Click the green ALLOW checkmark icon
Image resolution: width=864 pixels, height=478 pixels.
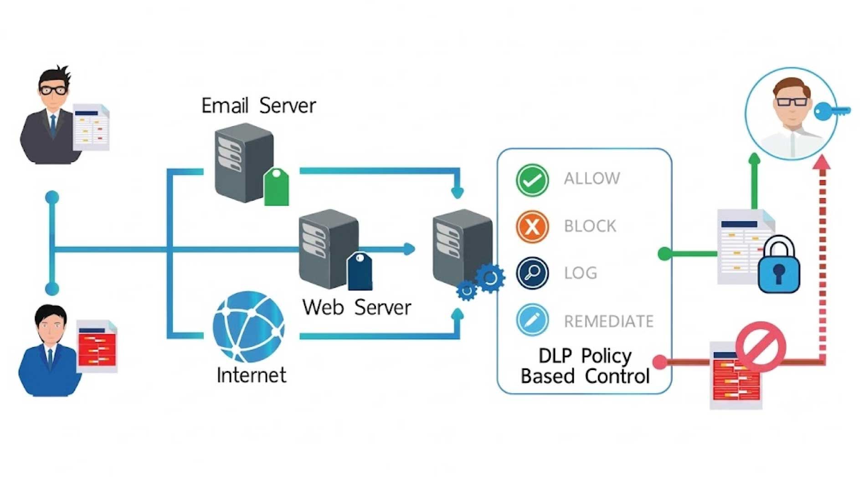[x=532, y=180]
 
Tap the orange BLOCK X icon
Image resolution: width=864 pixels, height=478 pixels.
[x=532, y=227]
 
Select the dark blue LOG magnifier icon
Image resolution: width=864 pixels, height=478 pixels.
[x=532, y=274]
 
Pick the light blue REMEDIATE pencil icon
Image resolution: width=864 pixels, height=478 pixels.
[x=532, y=320]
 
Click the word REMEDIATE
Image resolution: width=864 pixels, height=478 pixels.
[x=608, y=321]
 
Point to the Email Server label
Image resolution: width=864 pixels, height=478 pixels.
[x=258, y=106]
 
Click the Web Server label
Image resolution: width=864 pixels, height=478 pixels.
[x=357, y=307]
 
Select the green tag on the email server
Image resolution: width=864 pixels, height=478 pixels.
[x=276, y=186]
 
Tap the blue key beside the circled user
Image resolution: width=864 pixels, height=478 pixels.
[x=831, y=111]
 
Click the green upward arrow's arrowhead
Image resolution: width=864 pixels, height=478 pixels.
[x=755, y=158]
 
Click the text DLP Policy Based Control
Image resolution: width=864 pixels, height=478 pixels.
[x=585, y=366]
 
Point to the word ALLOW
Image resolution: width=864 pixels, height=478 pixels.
[x=592, y=178]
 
